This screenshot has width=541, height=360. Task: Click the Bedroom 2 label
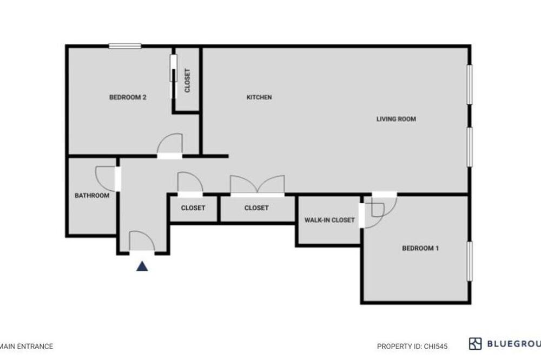pyautogui.click(x=128, y=97)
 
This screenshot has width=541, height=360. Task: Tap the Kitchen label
pyautogui.click(x=259, y=97)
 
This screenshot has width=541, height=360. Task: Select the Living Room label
pyautogui.click(x=396, y=119)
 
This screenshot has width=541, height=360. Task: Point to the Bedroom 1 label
pyautogui.click(x=420, y=248)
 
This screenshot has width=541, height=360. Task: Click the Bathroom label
pyautogui.click(x=92, y=196)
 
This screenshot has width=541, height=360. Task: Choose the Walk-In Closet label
pyautogui.click(x=329, y=220)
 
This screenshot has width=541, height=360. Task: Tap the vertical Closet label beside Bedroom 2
pyautogui.click(x=187, y=81)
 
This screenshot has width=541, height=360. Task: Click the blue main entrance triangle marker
pyautogui.click(x=142, y=266)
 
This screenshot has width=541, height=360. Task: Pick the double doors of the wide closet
pyautogui.click(x=258, y=184)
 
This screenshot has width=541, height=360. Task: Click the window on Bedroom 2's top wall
pyautogui.click(x=125, y=46)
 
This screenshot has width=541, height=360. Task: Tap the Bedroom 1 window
pyautogui.click(x=469, y=261)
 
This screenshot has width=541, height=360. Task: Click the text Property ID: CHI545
pyautogui.click(x=412, y=346)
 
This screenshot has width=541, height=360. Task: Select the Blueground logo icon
pyautogui.click(x=475, y=344)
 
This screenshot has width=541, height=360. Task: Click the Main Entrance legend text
pyautogui.click(x=27, y=346)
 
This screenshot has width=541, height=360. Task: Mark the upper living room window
pyautogui.click(x=469, y=84)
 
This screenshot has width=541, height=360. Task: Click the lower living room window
pyautogui.click(x=469, y=147)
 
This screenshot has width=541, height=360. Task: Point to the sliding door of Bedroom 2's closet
pyautogui.click(x=173, y=68)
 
